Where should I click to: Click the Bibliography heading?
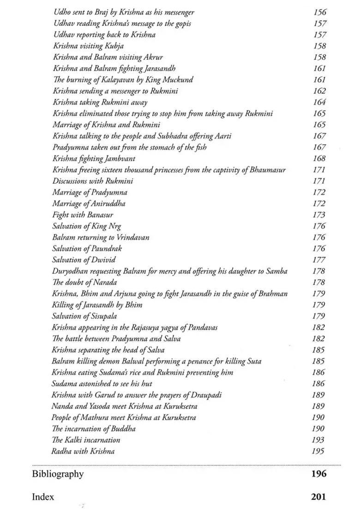point(58,474)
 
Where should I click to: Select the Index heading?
point(43,497)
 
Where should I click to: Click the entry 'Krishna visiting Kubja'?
point(88,46)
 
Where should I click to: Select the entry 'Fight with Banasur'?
point(83,215)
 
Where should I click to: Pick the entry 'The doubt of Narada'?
point(84,282)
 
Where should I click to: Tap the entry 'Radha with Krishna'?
point(83,451)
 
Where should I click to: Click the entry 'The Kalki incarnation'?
point(86,440)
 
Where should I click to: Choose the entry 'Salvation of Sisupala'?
point(84,316)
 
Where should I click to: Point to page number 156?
point(319,12)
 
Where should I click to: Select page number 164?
point(319,102)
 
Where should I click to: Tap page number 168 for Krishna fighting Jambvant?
point(319,159)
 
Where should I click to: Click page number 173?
point(319,215)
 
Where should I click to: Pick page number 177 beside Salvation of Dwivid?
point(319,260)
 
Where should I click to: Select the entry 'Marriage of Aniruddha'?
point(89,203)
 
